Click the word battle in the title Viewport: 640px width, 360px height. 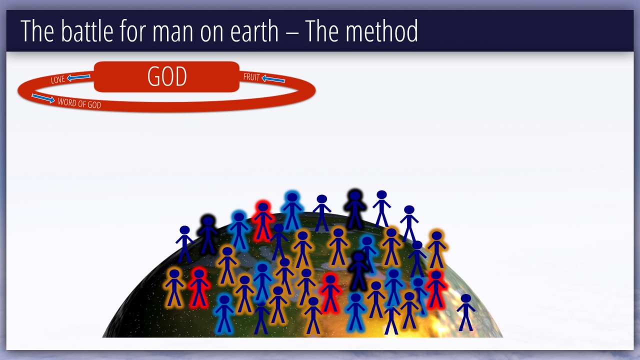pos(87,31)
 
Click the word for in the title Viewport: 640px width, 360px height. pos(133,31)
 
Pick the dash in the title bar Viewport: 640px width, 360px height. pos(291,32)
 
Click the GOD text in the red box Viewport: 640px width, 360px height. pos(167,76)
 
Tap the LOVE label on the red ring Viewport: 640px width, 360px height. pos(57,79)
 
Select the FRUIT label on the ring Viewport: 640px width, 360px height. pos(251,77)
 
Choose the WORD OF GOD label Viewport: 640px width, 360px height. pos(79,103)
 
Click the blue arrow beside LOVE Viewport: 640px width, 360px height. pos(78,77)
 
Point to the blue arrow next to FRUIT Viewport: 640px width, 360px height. pos(273,79)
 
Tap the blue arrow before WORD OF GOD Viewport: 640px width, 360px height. pos(43,98)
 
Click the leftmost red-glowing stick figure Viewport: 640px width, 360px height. pos(199,288)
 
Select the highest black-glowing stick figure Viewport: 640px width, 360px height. pos(355,209)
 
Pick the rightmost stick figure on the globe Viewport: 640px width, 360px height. pos(465,312)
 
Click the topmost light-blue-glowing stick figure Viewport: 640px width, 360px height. pos(292,210)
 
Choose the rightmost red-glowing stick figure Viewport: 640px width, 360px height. pos(436,289)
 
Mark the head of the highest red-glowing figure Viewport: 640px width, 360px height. pos(263,207)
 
